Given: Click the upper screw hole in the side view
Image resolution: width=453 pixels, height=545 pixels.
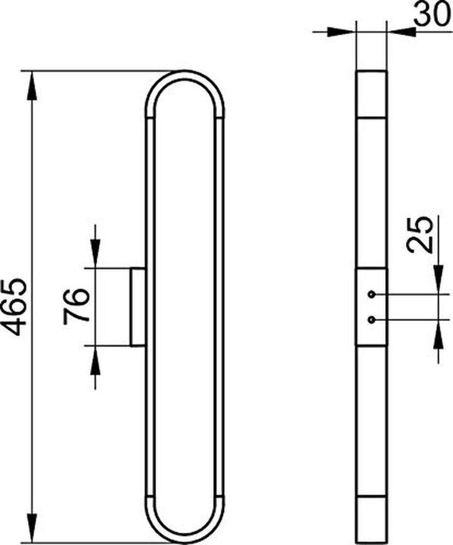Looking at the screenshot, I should pos(371,294).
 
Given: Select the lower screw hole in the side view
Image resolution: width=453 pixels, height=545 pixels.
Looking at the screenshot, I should pos(371,319).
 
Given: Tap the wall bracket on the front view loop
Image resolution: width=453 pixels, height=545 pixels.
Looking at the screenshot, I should pos(138,307).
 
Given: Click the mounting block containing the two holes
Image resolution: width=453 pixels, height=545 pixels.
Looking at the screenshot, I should pos(371,307).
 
